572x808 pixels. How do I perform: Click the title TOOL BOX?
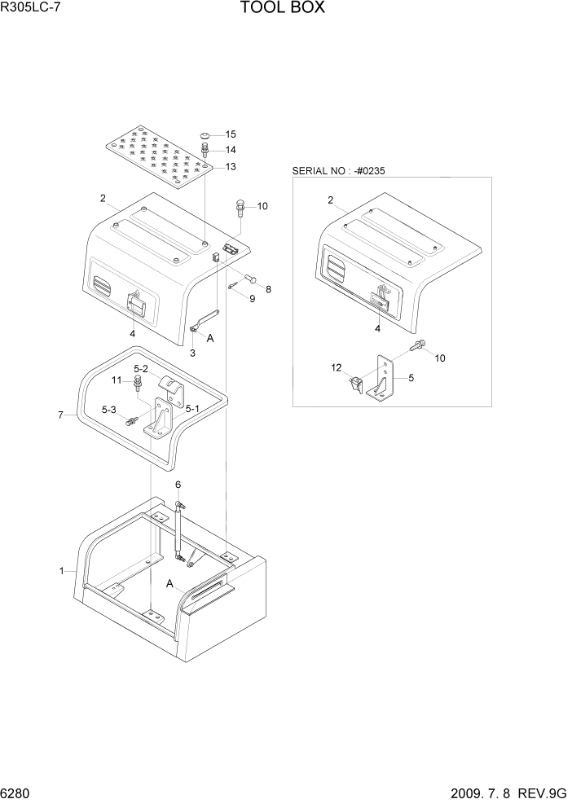click(283, 9)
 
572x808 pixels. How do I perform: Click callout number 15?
click(231, 134)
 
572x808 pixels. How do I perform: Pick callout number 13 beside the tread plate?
click(231, 167)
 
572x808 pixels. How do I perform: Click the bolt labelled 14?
click(207, 150)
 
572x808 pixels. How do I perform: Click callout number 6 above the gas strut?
click(178, 485)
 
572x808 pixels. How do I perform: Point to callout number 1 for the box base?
click(61, 571)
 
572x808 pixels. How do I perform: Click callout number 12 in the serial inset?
click(335, 368)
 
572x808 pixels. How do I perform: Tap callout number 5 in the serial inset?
click(411, 378)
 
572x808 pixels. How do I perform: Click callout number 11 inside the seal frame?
click(117, 380)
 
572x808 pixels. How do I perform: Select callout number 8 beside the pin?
click(268, 289)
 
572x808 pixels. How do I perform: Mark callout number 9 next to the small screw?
click(252, 299)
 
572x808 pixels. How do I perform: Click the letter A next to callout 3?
click(210, 338)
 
